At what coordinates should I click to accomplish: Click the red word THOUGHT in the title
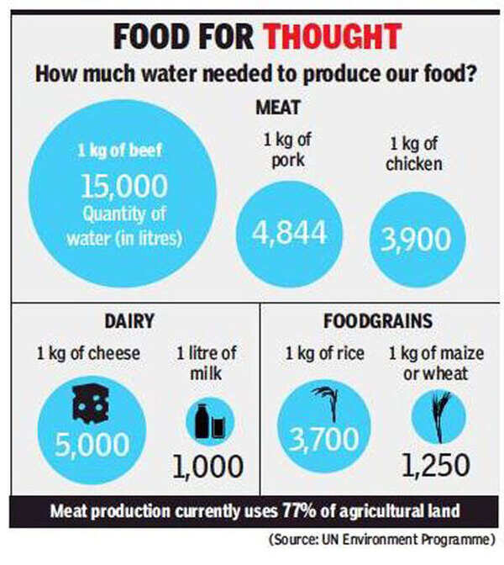[x=330, y=37]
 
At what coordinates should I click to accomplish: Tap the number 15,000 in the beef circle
[x=124, y=186]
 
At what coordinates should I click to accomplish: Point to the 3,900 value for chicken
[x=417, y=239]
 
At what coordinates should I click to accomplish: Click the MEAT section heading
[x=277, y=108]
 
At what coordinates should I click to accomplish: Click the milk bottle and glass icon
[x=208, y=420]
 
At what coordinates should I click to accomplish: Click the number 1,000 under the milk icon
[x=208, y=465]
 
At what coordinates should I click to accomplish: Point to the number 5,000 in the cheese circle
[x=92, y=443]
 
